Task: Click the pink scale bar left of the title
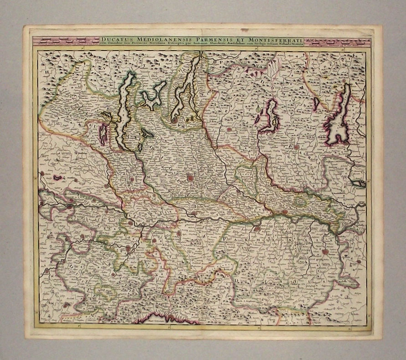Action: coord(66,41)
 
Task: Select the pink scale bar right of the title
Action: coord(337,41)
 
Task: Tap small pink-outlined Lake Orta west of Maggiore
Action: coord(103,134)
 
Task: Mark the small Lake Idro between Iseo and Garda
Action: coord(316,104)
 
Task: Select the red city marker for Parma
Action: coord(325,251)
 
